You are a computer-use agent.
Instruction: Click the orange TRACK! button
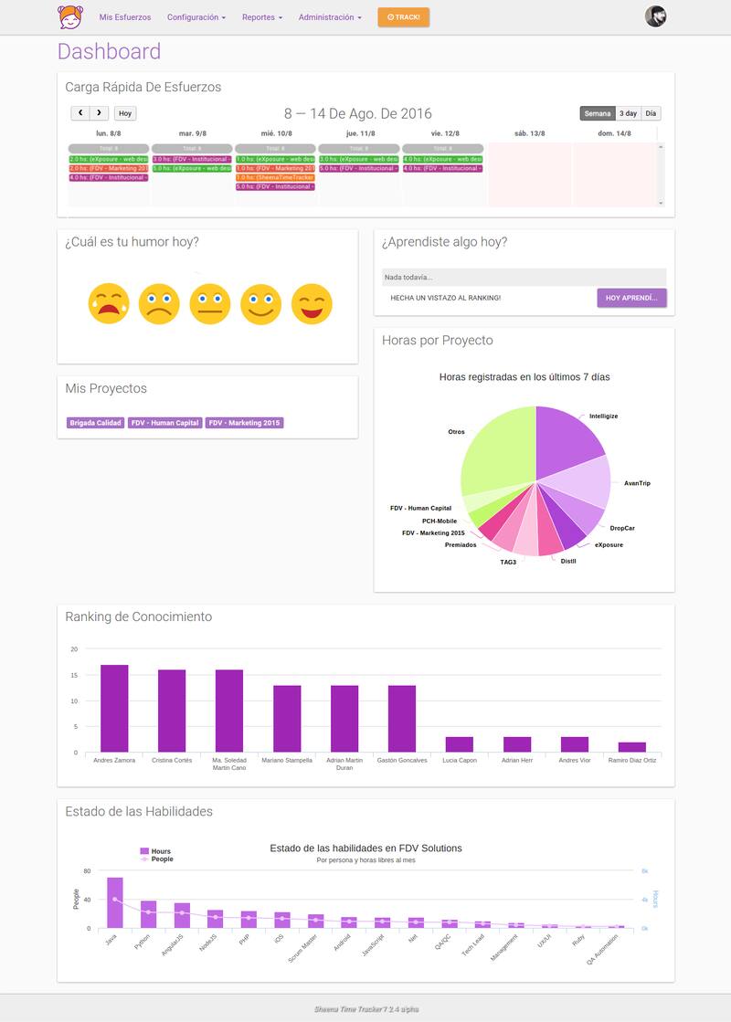coord(403,17)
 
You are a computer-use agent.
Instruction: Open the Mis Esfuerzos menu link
coord(125,17)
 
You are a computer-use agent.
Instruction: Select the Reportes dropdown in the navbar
coord(262,17)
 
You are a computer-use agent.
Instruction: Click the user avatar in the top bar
coord(655,16)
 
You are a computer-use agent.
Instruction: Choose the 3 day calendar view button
coord(628,113)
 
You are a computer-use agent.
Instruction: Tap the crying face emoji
coord(109,303)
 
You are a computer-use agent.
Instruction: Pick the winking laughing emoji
coord(312,303)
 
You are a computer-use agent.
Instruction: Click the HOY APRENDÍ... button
coord(631,298)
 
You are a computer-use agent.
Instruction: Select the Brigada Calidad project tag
coord(95,423)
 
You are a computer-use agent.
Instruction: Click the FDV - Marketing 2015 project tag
coord(244,423)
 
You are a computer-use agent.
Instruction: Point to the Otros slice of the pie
coord(498,448)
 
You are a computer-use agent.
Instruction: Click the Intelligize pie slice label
coord(603,416)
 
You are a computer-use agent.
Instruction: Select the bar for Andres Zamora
coord(114,708)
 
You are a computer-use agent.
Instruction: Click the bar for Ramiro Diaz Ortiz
coord(631,747)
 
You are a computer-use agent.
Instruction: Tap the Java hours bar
coord(115,902)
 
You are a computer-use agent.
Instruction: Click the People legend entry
coord(162,859)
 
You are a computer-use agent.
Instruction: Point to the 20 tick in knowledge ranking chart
coord(75,649)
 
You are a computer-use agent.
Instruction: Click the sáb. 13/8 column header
coord(530,133)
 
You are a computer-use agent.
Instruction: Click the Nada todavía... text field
coord(524,277)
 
